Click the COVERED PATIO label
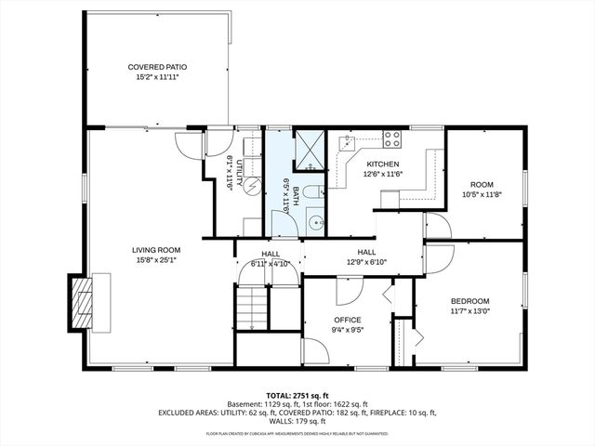coord(157,67)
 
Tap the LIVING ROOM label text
coord(155,250)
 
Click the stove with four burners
coord(392,140)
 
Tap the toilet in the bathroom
coord(313,192)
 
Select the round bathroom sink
coord(315,222)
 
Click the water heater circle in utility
coord(250,184)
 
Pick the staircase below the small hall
coord(250,307)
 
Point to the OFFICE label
coord(348,320)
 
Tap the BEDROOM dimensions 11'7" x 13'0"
coord(469,311)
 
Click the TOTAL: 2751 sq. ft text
coord(297,395)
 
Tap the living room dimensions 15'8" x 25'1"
coord(155,260)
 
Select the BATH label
coord(296,195)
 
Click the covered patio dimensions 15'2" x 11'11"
coord(157,78)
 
